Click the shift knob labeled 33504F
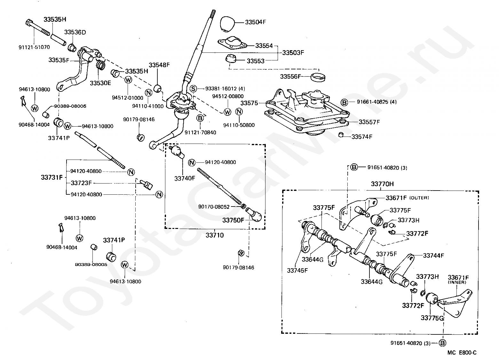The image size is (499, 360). [x=227, y=23]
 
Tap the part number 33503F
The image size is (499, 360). [x=293, y=53]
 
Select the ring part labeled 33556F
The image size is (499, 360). [x=318, y=77]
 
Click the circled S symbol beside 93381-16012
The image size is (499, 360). [x=193, y=89]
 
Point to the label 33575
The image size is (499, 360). [x=249, y=103]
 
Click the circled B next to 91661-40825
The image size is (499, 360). [x=345, y=102]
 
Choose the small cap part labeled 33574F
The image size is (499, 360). [x=341, y=135]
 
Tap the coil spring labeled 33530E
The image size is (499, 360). [x=100, y=64]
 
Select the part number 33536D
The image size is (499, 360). [x=75, y=32]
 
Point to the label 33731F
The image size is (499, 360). [x=52, y=177]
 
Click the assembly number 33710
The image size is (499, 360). [x=215, y=235]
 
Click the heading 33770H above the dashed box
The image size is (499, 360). [x=382, y=184]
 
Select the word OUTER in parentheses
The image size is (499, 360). [x=419, y=198]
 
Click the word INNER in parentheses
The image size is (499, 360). [x=457, y=282]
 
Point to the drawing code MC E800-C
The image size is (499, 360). [x=462, y=352]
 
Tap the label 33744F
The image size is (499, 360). [x=433, y=255]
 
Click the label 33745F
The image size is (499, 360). [x=297, y=270]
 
